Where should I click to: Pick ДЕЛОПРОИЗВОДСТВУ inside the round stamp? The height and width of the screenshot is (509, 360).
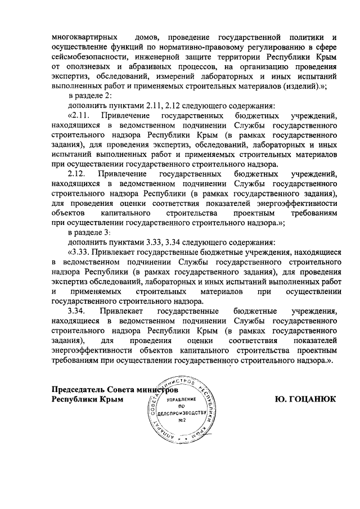click(182, 413)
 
